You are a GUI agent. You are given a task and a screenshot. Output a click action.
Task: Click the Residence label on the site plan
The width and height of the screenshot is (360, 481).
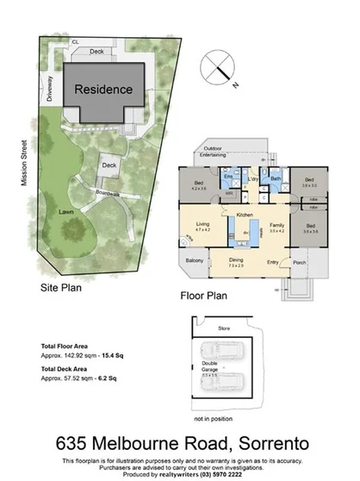click(x=103, y=89)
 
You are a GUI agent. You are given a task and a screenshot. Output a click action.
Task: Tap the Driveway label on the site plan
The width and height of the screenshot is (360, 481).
click(x=52, y=85)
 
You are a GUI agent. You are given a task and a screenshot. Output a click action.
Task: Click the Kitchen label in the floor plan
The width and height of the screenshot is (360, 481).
click(x=244, y=213)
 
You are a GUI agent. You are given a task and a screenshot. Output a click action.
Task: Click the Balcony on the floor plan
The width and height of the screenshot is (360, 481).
click(x=195, y=261)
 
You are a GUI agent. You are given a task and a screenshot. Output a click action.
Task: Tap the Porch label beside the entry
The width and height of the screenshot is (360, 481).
click(x=301, y=261)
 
